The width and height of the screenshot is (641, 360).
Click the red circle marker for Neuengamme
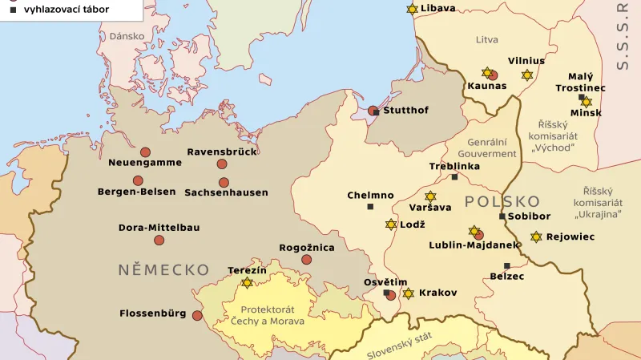[145, 152]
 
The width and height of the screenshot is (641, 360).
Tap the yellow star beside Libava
[412, 9]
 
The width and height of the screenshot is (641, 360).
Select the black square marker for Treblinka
[454, 177]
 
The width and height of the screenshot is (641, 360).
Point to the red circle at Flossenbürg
[197, 315]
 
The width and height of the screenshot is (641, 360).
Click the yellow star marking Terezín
[247, 282]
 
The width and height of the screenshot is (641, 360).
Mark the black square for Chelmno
[370, 207]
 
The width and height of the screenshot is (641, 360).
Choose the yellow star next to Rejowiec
[536, 237]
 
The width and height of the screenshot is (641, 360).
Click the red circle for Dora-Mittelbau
[159, 240]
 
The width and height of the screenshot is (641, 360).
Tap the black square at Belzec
[506, 265]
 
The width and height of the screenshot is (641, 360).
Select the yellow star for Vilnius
[526, 75]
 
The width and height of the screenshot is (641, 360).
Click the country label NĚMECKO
[163, 269]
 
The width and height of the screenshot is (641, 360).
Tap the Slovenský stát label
[400, 345]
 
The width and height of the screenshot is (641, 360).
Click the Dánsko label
[127, 36]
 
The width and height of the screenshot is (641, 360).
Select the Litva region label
[486, 39]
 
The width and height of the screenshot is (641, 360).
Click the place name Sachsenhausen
[226, 192]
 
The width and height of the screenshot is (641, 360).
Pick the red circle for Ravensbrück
[222, 164]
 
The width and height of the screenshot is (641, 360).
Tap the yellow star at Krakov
[408, 293]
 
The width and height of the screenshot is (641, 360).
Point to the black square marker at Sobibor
[502, 216]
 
